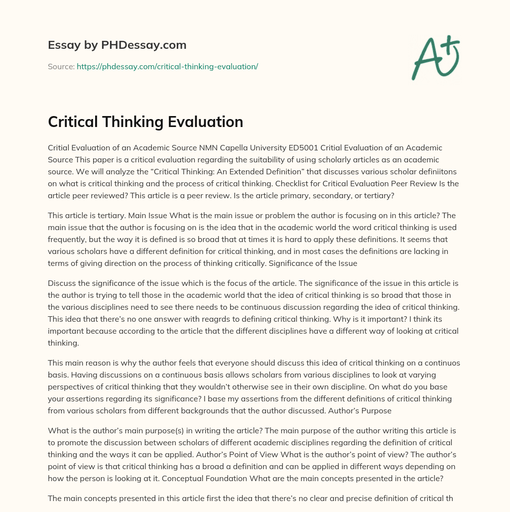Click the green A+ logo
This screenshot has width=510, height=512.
pyautogui.click(x=435, y=57)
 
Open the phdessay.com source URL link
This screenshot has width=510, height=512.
pyautogui.click(x=167, y=66)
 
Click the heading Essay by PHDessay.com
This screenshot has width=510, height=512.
pyautogui.click(x=117, y=45)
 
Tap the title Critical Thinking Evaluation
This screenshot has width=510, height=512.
pyautogui.click(x=145, y=122)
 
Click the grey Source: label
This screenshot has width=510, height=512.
pyautogui.click(x=61, y=66)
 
